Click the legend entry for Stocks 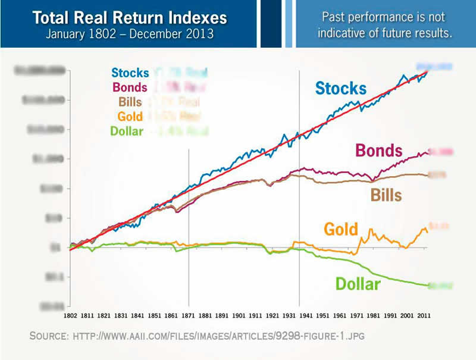[x=130, y=73]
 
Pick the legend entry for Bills [x=131, y=102]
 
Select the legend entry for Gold [x=130, y=116]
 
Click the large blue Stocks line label [x=340, y=88]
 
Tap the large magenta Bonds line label [x=378, y=150]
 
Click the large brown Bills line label [x=386, y=194]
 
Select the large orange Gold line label [x=341, y=228]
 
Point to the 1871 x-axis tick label [x=189, y=315]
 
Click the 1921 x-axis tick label [x=274, y=315]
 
